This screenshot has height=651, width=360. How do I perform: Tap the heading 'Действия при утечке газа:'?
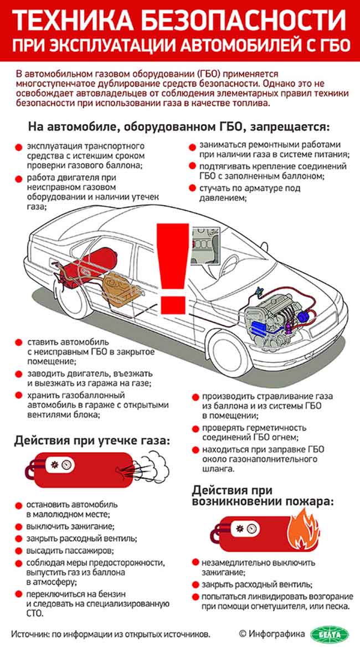pos(91,441)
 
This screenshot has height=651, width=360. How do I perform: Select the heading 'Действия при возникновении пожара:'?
pos(263,496)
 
